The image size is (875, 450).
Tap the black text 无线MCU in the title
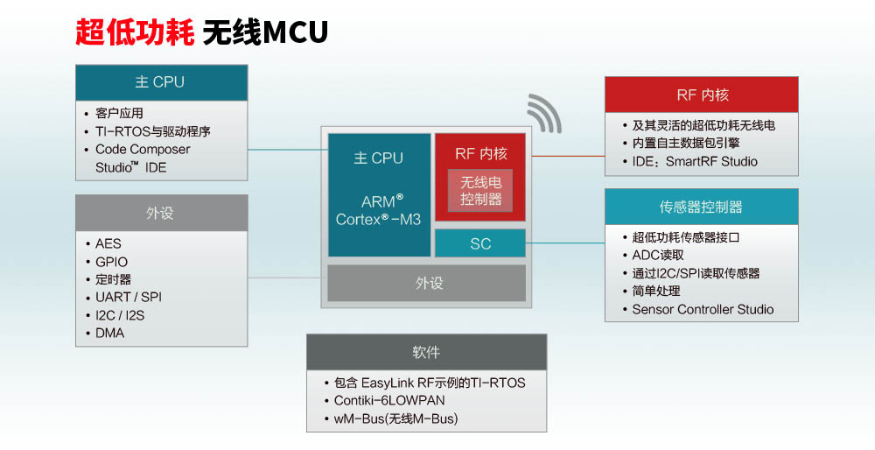click(265, 32)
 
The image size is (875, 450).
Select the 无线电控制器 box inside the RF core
click(480, 191)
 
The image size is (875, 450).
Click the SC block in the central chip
click(480, 244)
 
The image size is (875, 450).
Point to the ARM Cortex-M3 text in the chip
click(379, 210)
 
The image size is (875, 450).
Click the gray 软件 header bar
click(426, 352)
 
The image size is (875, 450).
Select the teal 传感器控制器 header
click(701, 207)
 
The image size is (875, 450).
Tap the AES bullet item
click(110, 243)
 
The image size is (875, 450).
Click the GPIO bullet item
click(112, 262)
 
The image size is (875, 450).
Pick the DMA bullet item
click(110, 334)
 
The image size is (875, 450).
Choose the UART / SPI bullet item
click(129, 297)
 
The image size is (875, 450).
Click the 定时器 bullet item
click(114, 279)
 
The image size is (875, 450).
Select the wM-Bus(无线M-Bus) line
click(395, 418)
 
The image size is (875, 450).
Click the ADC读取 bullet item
click(658, 255)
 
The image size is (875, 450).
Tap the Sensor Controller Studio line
click(703, 309)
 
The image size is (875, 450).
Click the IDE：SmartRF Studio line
click(695, 161)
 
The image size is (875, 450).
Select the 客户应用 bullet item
click(119, 113)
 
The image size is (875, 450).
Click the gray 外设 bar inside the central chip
click(428, 284)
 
